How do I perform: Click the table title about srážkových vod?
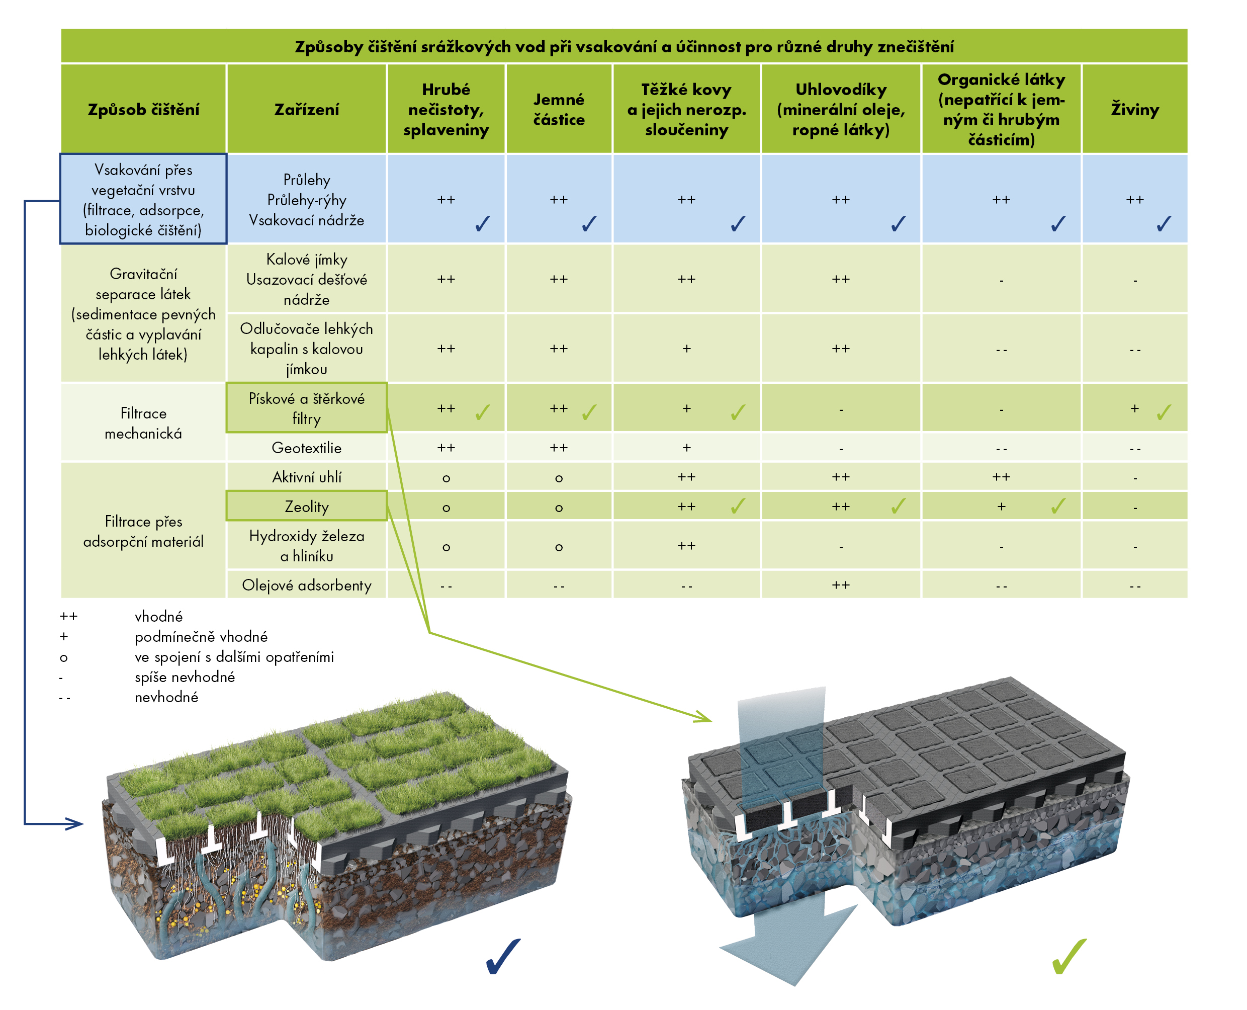(623, 47)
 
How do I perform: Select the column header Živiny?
(1134, 109)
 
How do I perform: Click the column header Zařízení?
(307, 109)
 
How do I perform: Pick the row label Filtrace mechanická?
(143, 423)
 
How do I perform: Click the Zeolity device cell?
(307, 506)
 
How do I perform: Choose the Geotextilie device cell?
(307, 447)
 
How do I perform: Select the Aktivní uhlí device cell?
(307, 477)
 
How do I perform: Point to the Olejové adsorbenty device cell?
(307, 584)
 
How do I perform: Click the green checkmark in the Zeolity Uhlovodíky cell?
(898, 506)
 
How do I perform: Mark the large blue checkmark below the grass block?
(503, 956)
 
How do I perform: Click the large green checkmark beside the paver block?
(1069, 956)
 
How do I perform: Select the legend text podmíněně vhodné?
(201, 636)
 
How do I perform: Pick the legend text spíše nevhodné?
(185, 677)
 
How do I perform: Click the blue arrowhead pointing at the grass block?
(74, 824)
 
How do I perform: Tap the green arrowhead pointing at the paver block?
(702, 717)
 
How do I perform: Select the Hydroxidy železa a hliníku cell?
(307, 546)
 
